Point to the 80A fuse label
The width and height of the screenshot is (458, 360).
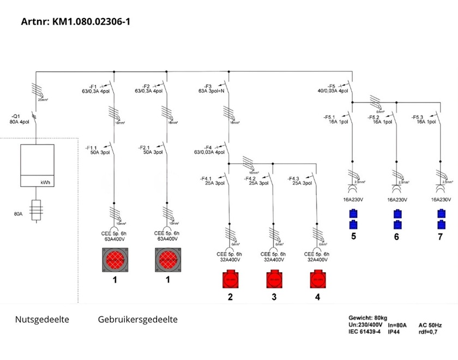(19, 214)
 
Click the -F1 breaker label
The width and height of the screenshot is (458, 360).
(94, 88)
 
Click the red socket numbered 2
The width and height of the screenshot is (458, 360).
(231, 280)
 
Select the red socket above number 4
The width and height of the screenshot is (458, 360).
(317, 280)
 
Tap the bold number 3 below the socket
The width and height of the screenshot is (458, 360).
(274, 297)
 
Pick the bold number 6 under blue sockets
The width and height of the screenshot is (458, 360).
(396, 237)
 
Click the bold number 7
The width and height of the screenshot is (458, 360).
(440, 237)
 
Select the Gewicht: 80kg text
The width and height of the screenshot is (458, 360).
(367, 317)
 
